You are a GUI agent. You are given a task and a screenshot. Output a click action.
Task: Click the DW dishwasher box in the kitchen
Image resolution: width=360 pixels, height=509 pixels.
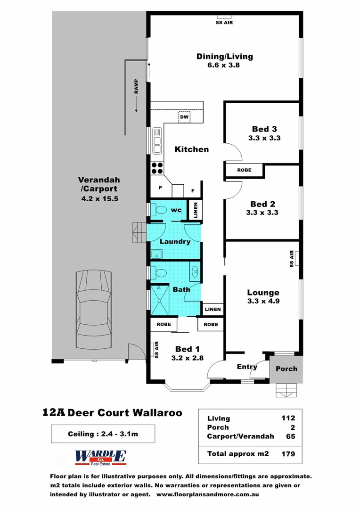184,117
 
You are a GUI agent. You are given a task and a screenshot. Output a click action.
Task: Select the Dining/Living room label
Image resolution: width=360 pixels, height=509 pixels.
224,57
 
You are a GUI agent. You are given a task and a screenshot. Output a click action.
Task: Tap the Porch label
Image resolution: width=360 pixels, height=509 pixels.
286,369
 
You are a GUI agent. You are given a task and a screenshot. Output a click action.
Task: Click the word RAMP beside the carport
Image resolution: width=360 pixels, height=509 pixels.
136,86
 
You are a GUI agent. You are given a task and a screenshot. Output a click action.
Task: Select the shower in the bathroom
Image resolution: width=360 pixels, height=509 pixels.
159,300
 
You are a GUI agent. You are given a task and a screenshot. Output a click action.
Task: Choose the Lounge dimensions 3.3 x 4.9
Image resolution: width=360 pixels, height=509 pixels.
264,301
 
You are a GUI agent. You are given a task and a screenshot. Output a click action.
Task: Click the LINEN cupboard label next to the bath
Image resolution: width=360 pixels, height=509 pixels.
213,310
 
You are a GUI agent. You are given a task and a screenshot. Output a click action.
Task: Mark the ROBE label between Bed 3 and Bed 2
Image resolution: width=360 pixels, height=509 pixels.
244,170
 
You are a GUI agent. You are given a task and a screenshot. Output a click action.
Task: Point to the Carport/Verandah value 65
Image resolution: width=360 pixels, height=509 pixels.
290,436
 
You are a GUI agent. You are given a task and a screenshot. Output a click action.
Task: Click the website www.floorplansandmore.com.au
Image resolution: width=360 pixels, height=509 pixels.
207,495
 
